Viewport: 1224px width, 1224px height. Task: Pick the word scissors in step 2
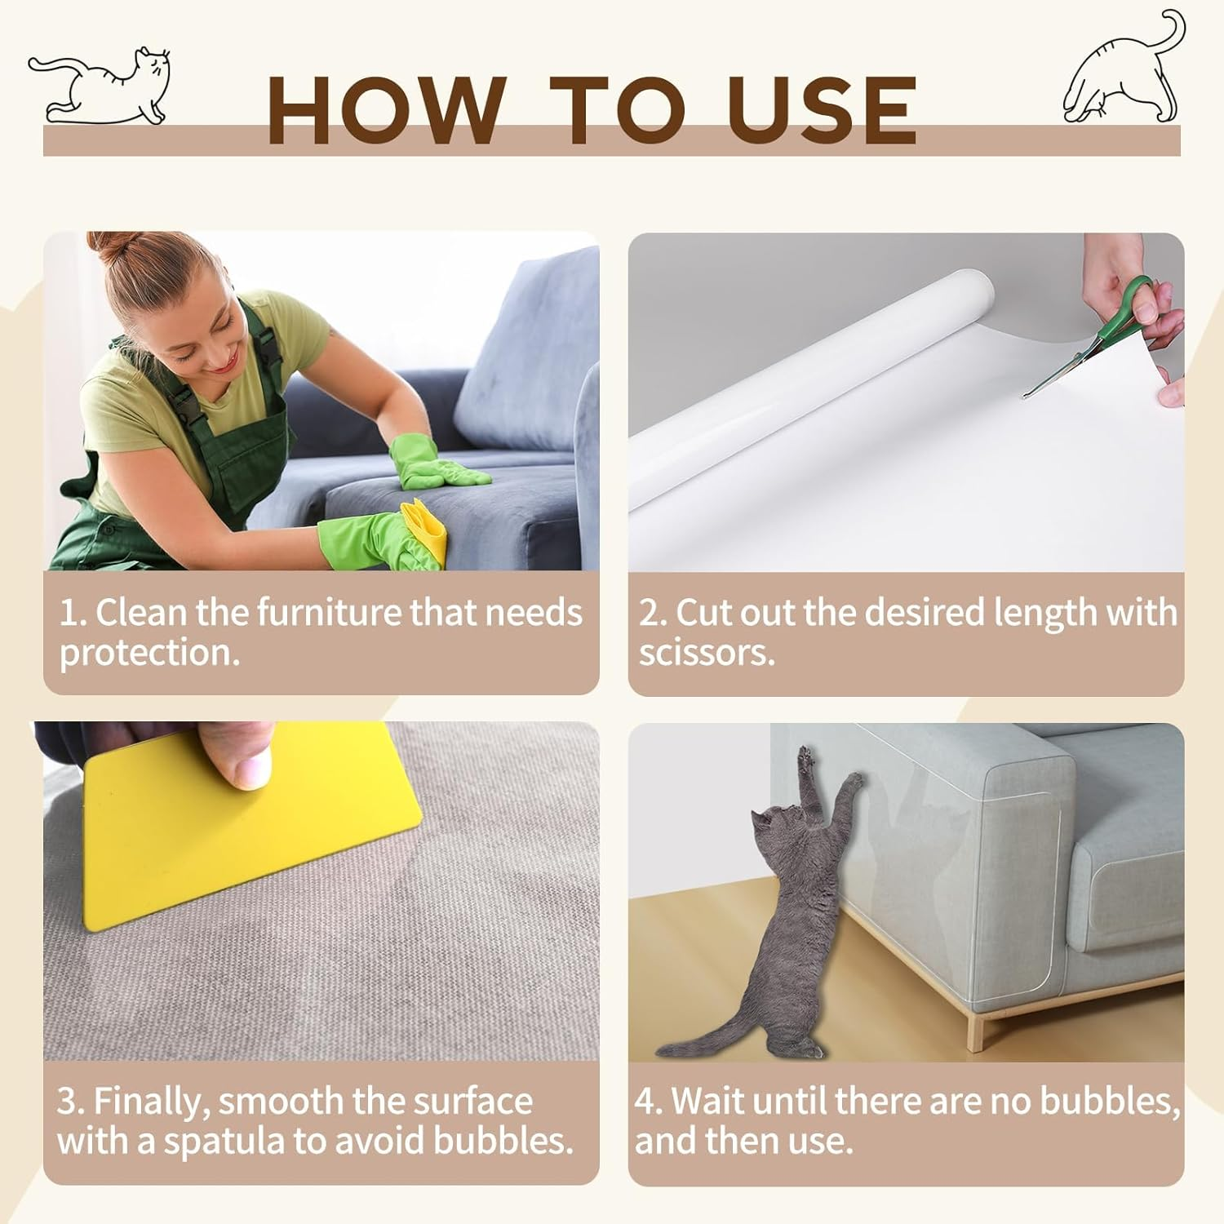tap(707, 653)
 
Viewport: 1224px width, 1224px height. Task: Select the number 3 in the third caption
tap(67, 1102)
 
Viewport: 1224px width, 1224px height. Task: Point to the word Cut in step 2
tap(707, 612)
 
